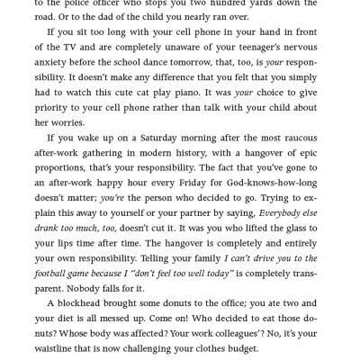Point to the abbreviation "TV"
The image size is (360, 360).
click(99, 55)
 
